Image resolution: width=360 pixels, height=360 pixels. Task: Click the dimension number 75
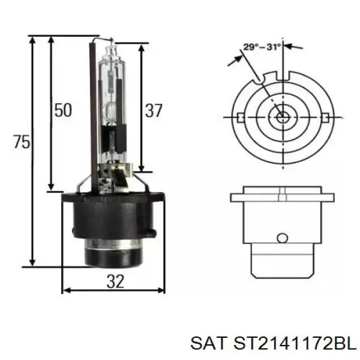coord(22,142)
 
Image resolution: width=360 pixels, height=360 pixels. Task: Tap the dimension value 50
coord(63,110)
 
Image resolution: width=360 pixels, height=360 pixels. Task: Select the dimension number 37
coord(154,110)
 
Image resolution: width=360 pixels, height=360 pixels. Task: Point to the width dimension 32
coord(115,281)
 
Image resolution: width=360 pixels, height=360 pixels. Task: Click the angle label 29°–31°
coord(262,47)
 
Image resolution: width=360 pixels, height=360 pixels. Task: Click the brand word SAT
coord(208,343)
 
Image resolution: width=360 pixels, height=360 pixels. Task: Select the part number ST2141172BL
coord(295,343)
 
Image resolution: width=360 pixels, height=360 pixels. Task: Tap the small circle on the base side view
coord(283,238)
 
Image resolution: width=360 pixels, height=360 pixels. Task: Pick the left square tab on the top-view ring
coord(241,118)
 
